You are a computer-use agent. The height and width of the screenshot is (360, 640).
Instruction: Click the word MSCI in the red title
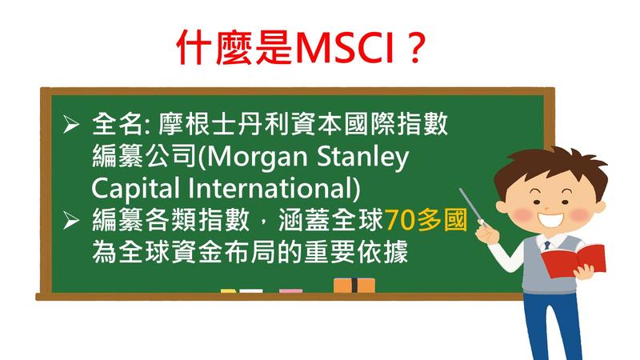tap(343, 48)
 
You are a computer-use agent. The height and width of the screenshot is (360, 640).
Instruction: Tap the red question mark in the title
tap(416, 48)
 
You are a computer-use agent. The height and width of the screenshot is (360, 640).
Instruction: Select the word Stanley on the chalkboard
tap(362, 158)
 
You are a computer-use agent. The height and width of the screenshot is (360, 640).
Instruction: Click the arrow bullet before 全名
tap(71, 125)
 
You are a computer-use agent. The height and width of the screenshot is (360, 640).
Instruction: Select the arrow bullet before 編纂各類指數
tap(71, 221)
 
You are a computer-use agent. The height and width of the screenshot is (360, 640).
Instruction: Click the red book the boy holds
tap(573, 260)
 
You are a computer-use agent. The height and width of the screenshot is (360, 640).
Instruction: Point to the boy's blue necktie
tap(547, 246)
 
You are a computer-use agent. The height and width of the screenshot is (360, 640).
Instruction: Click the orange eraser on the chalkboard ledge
tap(354, 286)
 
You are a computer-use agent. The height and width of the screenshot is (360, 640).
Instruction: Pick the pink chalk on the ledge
tap(291, 291)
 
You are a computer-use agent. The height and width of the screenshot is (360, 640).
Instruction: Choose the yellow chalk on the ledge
tap(229, 291)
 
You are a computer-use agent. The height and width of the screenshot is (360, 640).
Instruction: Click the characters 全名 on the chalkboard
tap(117, 125)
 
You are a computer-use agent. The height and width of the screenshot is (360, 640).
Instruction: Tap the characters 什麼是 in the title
tap(234, 48)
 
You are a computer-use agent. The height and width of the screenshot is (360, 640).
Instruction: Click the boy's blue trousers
tap(552, 326)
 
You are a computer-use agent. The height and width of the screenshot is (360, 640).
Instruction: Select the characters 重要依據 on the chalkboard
tap(356, 253)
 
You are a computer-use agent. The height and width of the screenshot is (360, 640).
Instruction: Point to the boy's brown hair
tap(551, 167)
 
